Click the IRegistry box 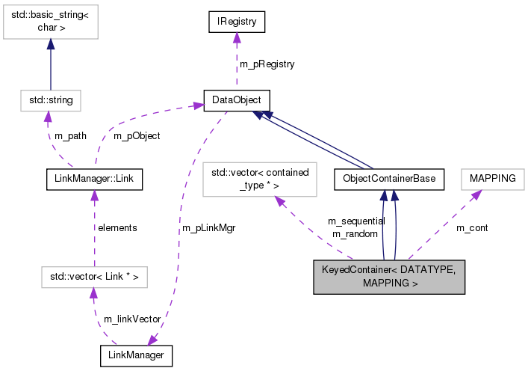[x=237, y=22]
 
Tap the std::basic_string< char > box [x=49, y=22]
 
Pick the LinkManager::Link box [x=93, y=179]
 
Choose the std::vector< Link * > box [x=93, y=278]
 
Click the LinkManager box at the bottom [x=136, y=355]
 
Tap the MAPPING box [x=492, y=179]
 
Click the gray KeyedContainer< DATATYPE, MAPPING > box [x=389, y=278]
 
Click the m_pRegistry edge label [x=267, y=64]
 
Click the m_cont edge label [x=472, y=227]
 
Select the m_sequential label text [x=356, y=221]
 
